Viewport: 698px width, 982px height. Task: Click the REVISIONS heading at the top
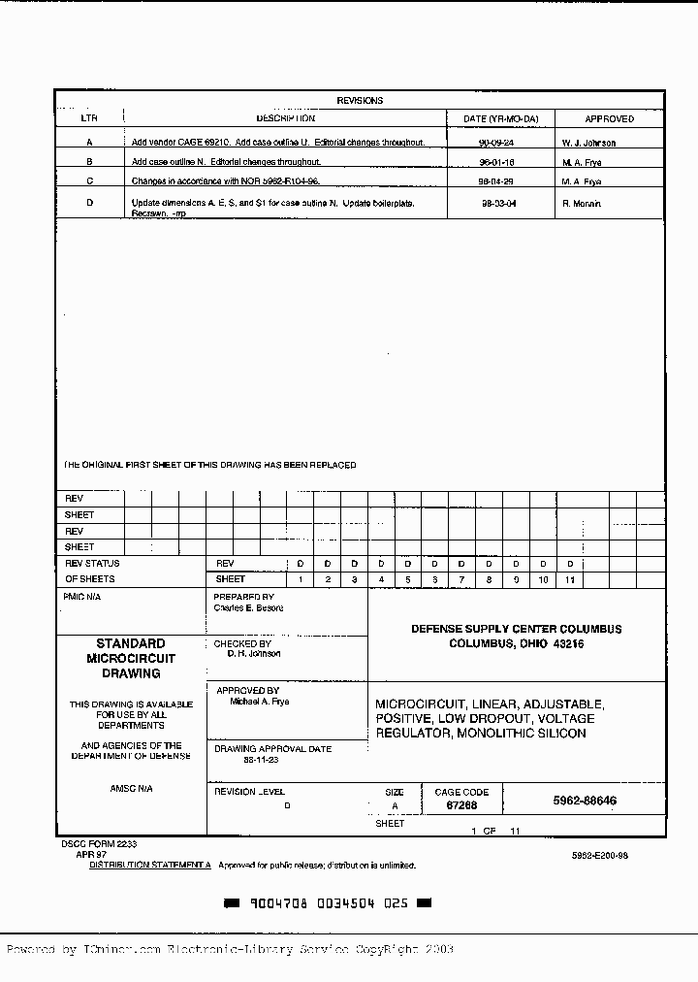click(360, 101)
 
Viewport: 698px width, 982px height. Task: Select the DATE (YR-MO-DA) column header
click(501, 119)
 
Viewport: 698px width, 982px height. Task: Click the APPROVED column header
click(610, 119)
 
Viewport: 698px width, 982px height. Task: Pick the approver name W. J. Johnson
click(588, 143)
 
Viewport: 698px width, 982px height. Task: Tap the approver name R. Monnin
click(582, 204)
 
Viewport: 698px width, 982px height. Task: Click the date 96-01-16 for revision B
click(496, 162)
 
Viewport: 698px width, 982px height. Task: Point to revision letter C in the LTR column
click(89, 181)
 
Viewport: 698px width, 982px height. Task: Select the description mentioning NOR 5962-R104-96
click(226, 181)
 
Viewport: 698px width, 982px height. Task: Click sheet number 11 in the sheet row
click(571, 579)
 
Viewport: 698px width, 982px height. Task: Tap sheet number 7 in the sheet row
click(462, 579)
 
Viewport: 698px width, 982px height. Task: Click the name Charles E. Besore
click(248, 608)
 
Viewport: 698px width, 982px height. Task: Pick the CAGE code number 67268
click(461, 805)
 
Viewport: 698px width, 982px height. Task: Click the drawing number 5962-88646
click(585, 802)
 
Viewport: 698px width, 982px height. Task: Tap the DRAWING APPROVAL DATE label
click(272, 749)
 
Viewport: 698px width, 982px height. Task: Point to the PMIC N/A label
click(82, 597)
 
